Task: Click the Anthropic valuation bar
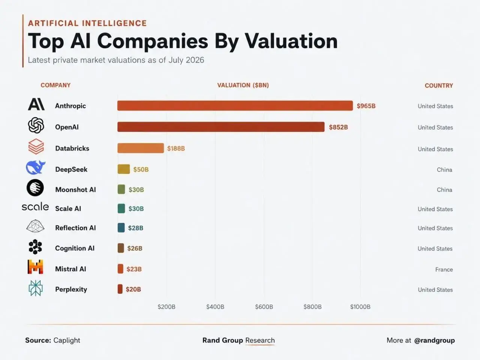[235, 106]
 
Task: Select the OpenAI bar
[221, 127]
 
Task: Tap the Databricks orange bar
[141, 148]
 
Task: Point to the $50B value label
[141, 169]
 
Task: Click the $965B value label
[366, 106]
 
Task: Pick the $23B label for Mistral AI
[134, 269]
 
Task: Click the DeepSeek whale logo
[36, 167]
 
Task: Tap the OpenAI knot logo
[36, 125]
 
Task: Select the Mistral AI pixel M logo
[35, 267]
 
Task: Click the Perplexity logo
[36, 288]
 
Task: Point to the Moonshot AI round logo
[35, 187]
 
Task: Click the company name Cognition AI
[75, 248]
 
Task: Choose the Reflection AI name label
[75, 228]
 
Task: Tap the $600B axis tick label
[264, 307]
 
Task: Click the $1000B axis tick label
[360, 307]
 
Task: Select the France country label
[444, 270]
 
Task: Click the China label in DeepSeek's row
[444, 169]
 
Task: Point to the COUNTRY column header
[439, 85]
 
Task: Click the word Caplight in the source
[67, 340]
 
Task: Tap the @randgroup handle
[434, 340]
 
